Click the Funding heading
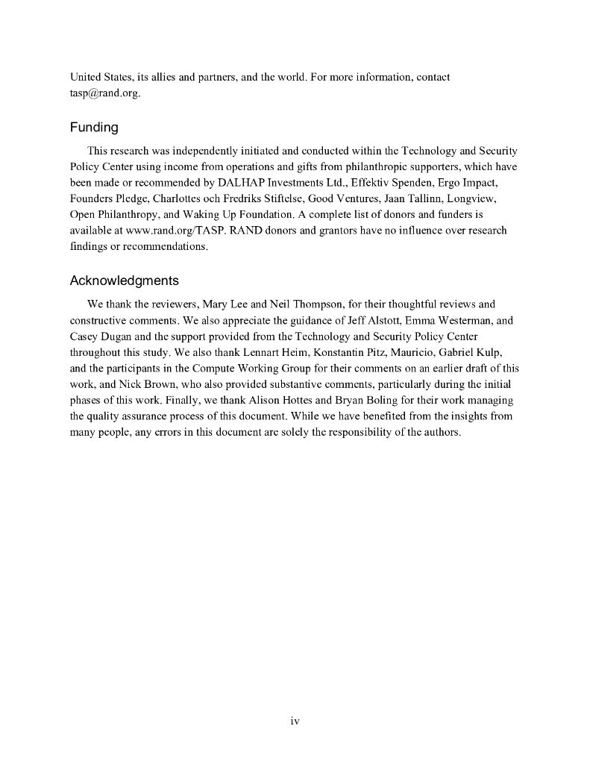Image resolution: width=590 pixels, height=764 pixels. pyautogui.click(x=94, y=128)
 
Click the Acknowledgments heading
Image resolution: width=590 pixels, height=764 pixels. pyautogui.click(x=124, y=281)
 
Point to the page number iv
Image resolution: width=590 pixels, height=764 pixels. pyautogui.click(x=295, y=721)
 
